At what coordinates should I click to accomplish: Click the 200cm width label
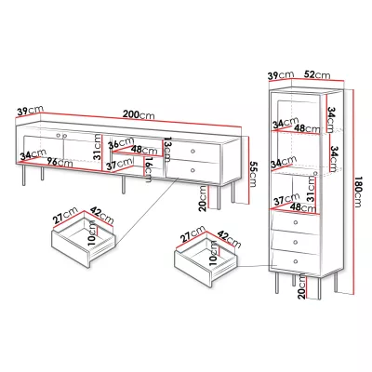(x=139, y=114)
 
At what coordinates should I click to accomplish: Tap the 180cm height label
(x=359, y=193)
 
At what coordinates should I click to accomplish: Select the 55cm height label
(x=253, y=174)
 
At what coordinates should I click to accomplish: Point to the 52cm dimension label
(x=317, y=74)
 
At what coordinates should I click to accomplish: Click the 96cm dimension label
(x=60, y=162)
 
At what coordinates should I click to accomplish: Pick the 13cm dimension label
(x=167, y=150)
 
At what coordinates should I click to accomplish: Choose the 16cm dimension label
(x=149, y=169)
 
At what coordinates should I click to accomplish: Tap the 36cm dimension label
(x=121, y=143)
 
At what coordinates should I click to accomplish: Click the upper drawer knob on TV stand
(x=193, y=152)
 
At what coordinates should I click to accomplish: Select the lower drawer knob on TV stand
(x=193, y=170)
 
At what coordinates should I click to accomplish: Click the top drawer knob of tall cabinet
(x=296, y=222)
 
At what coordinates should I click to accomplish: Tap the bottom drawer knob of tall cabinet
(x=296, y=261)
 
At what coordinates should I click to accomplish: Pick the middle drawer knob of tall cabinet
(x=296, y=242)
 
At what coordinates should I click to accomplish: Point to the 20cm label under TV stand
(x=203, y=198)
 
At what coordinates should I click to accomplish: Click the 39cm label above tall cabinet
(x=281, y=75)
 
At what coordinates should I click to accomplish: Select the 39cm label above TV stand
(x=30, y=111)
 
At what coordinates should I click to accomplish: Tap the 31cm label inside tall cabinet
(x=311, y=189)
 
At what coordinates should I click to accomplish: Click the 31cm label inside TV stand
(x=98, y=147)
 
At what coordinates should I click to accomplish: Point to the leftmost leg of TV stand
(x=24, y=175)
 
